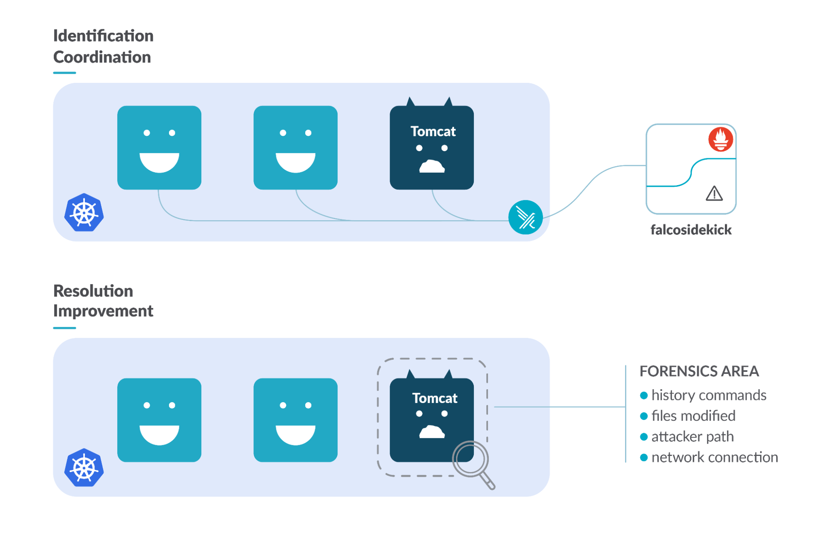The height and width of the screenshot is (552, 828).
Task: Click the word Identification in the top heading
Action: [103, 36]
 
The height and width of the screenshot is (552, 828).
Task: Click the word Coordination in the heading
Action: [102, 57]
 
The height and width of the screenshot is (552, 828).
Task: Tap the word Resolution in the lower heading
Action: [93, 291]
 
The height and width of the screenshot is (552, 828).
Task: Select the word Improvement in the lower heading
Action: [103, 311]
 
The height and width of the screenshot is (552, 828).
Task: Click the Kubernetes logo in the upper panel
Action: [84, 213]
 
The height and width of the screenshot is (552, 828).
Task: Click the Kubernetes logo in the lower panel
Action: [84, 468]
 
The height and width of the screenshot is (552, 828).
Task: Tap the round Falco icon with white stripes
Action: [525, 217]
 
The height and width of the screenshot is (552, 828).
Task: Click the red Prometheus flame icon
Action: [720, 140]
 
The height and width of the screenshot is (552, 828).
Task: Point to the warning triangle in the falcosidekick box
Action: [714, 194]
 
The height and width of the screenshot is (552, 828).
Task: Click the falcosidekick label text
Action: [691, 230]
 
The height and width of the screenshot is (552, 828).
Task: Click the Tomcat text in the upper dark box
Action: [433, 132]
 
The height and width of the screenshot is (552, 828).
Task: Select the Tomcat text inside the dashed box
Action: [435, 398]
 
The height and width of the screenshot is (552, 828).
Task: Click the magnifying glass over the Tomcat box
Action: [471, 460]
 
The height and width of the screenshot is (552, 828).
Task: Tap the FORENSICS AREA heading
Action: [699, 371]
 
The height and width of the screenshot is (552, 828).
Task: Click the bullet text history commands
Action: [709, 395]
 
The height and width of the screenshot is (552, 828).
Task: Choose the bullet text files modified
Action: [693, 416]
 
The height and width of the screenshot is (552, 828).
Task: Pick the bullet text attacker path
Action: [693, 436]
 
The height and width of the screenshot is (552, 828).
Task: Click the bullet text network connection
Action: [715, 457]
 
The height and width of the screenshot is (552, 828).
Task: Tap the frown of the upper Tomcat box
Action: [432, 167]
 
